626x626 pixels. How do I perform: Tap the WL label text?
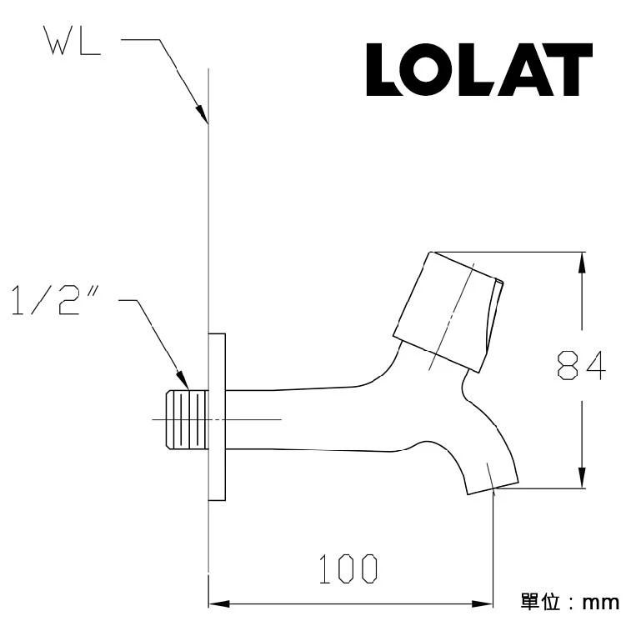(x=72, y=43)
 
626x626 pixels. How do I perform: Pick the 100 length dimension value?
(x=348, y=569)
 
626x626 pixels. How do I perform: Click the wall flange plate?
(x=217, y=417)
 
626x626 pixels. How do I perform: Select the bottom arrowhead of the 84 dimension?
(x=581, y=478)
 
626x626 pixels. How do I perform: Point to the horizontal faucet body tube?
(x=308, y=417)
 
